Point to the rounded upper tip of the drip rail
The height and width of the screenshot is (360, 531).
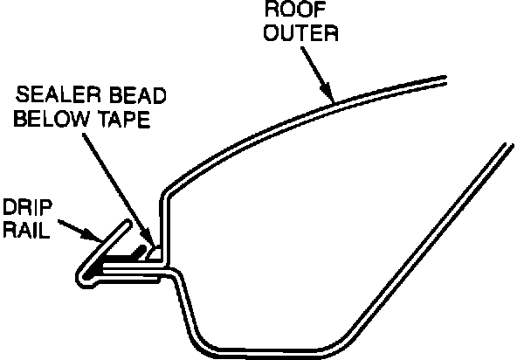pyautogui.click(x=129, y=225)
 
